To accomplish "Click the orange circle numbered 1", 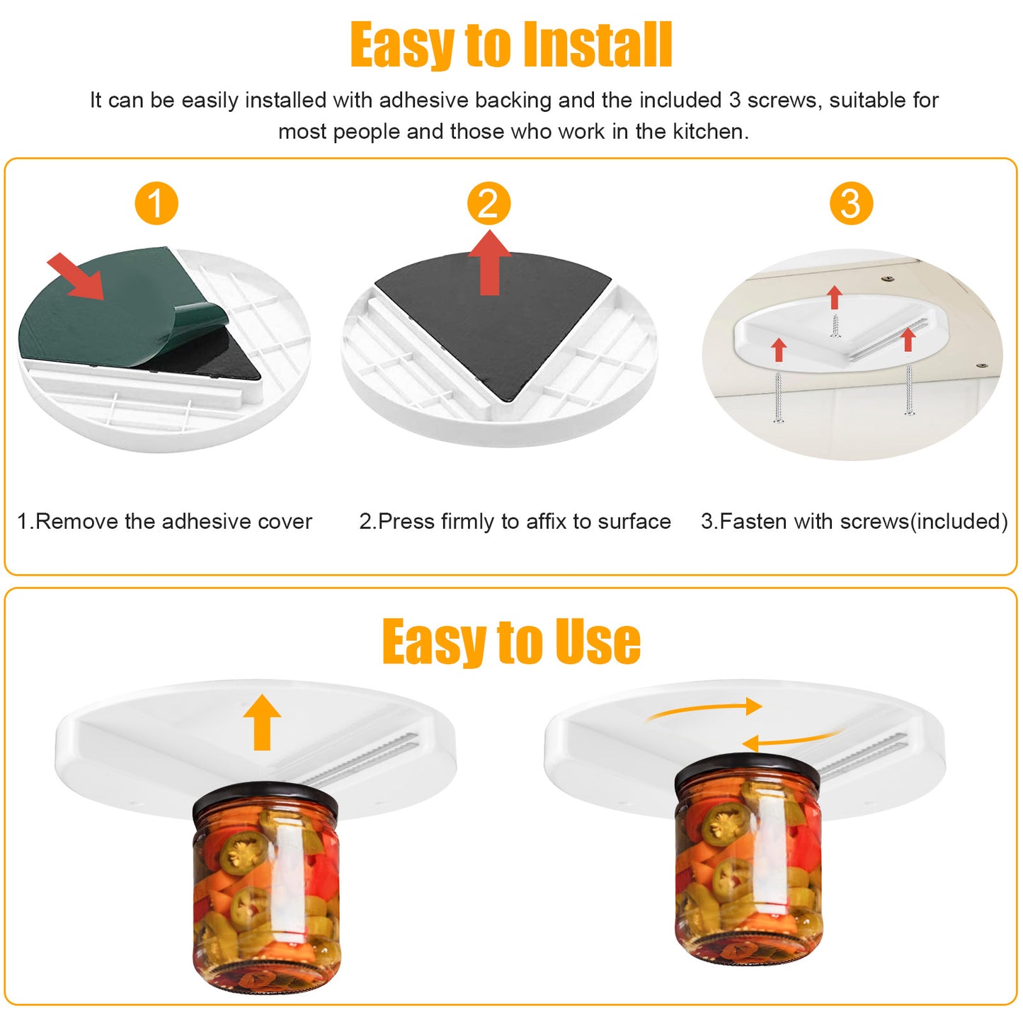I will pyautogui.click(x=156, y=204).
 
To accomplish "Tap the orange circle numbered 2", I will pyautogui.click(x=488, y=204).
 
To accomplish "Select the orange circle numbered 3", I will pyautogui.click(x=851, y=204).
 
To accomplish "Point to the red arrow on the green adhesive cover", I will pyautogui.click(x=76, y=276).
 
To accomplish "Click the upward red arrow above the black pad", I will pyautogui.click(x=489, y=263).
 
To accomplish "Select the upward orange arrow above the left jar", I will pyautogui.click(x=262, y=722).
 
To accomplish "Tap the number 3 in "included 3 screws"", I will pyautogui.click(x=735, y=101).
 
